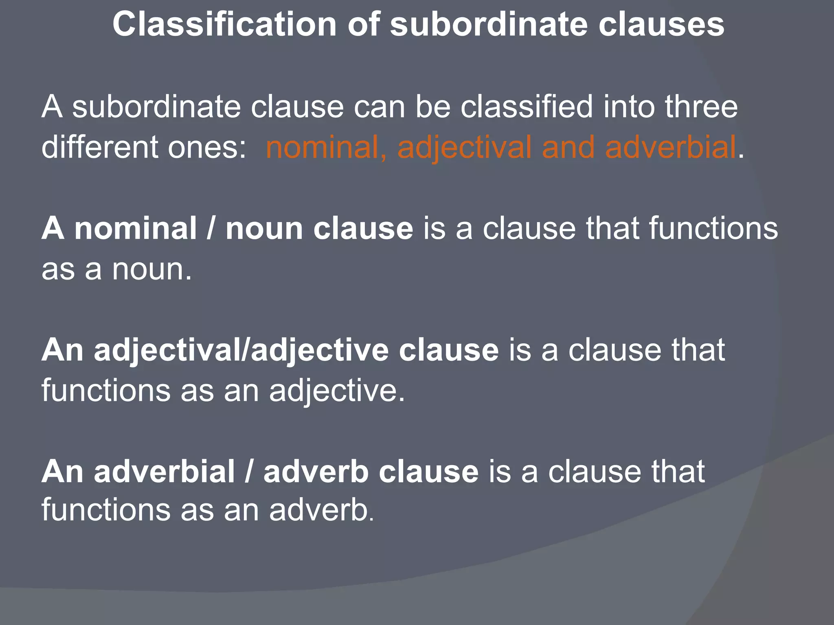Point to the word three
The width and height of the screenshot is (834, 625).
coord(701,107)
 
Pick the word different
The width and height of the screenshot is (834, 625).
coord(99,147)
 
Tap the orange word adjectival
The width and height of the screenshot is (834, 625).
coord(465,147)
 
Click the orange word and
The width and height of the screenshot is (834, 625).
coord(568,147)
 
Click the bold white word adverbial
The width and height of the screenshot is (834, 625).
coord(165,472)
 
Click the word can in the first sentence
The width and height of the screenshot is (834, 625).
coord(379,107)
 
